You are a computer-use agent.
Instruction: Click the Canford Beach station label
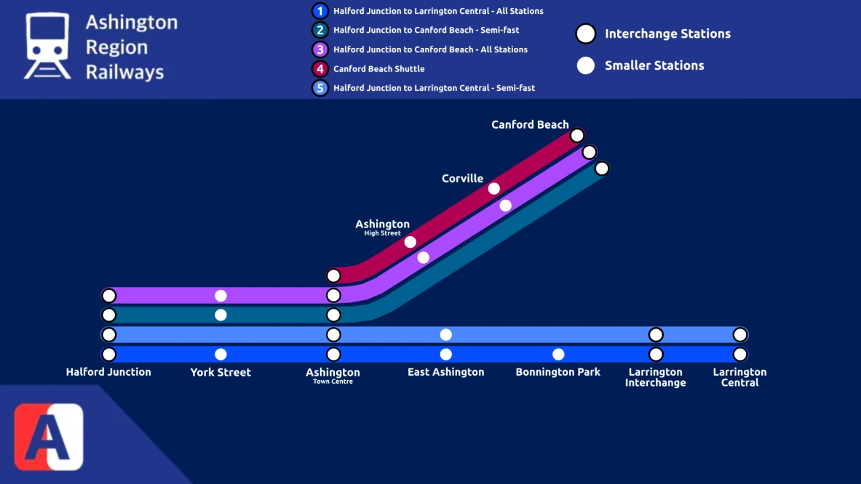530,125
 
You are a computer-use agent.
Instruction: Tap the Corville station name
462,179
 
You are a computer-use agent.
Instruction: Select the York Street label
221,372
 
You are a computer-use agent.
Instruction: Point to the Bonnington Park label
558,372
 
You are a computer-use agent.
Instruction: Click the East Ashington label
445,372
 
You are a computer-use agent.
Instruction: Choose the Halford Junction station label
108,372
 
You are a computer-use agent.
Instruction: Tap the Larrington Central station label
739,377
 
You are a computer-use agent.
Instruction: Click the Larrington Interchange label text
655,377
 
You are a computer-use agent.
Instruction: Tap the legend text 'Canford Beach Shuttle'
378,69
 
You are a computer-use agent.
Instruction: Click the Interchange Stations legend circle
586,33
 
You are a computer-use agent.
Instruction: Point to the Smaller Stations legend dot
586,65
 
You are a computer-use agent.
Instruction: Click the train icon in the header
47,45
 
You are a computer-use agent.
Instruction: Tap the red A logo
49,437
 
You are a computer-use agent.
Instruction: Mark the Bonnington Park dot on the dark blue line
558,355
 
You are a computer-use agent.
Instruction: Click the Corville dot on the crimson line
494,189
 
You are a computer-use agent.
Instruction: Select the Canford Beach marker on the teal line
602,169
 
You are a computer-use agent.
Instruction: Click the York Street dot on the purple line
221,296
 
